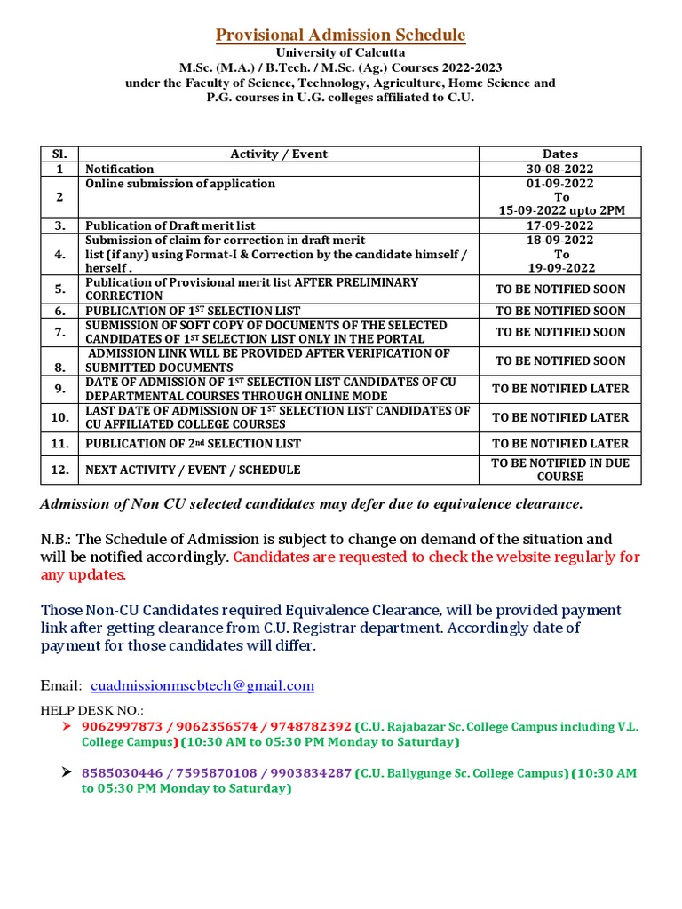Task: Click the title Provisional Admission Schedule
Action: point(341,36)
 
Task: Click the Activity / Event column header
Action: point(279,154)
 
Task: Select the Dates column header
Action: point(559,154)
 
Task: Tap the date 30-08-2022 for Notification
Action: point(559,169)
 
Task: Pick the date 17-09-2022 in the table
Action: point(559,225)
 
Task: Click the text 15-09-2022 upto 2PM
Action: point(559,210)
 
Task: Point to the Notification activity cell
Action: point(119,169)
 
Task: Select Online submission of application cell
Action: point(180,184)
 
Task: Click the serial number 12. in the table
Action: point(59,470)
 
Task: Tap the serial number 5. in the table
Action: point(59,289)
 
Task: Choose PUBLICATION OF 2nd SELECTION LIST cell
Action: point(193,443)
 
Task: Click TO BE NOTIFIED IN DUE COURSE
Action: point(559,470)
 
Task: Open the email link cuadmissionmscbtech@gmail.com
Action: point(202,685)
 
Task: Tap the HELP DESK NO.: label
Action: point(92,710)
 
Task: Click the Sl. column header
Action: point(59,154)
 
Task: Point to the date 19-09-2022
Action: point(559,267)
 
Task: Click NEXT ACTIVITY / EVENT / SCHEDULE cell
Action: point(193,470)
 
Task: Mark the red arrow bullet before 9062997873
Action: point(66,725)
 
